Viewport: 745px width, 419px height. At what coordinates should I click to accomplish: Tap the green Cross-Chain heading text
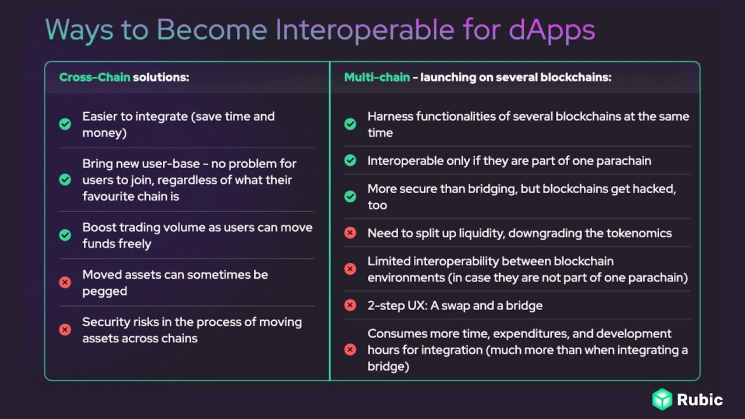coord(94,77)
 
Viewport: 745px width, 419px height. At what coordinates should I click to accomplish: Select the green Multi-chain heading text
coord(377,77)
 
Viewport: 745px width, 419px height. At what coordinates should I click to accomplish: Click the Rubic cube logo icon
coord(662,400)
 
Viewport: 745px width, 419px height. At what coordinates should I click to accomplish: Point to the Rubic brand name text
coord(700,400)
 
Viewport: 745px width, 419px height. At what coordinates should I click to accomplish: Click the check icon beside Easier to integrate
coord(65,124)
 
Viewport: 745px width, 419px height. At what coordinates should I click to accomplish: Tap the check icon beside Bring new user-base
coord(65,180)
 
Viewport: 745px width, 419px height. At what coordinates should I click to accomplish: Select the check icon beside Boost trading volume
coord(65,235)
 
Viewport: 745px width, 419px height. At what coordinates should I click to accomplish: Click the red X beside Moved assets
coord(65,282)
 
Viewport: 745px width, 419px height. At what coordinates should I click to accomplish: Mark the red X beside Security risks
coord(65,330)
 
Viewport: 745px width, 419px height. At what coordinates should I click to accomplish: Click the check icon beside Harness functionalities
coord(350,124)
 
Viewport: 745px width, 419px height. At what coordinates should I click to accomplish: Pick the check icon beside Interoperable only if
coord(350,161)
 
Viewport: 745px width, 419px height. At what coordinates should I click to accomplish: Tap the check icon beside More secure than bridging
coord(350,197)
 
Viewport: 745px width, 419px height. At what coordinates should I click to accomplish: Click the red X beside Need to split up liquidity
coord(350,233)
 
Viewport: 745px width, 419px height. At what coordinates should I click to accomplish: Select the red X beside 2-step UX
coord(350,305)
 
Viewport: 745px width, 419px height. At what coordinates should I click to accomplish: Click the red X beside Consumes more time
coord(350,350)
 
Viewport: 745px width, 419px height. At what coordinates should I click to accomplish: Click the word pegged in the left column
coord(104,290)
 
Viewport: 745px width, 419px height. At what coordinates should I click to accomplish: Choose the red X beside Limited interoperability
coord(350,269)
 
